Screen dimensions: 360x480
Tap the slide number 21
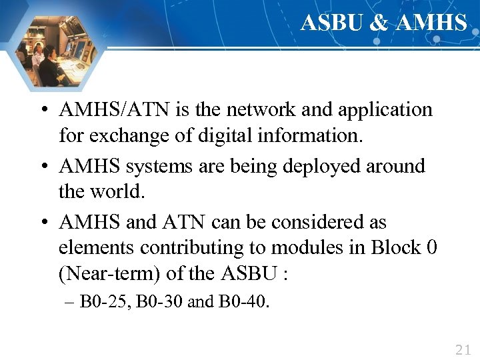[462, 349]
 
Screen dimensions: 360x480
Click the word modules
[307, 248]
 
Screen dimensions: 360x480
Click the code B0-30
[160, 302]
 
